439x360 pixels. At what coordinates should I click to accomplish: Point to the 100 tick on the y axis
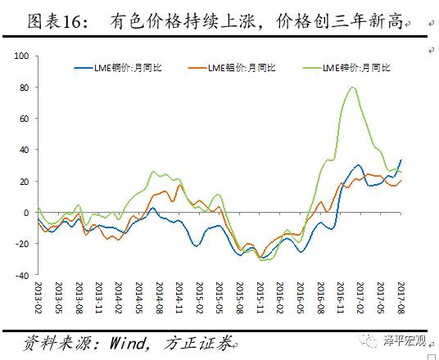point(21,56)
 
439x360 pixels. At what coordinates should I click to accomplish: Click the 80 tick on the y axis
point(24,87)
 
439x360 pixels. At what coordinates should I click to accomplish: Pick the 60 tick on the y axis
point(24,118)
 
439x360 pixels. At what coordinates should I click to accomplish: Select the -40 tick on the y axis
point(21,276)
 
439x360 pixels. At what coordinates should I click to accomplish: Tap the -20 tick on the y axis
point(21,244)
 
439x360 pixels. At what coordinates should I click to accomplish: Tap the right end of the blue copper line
point(401,160)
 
